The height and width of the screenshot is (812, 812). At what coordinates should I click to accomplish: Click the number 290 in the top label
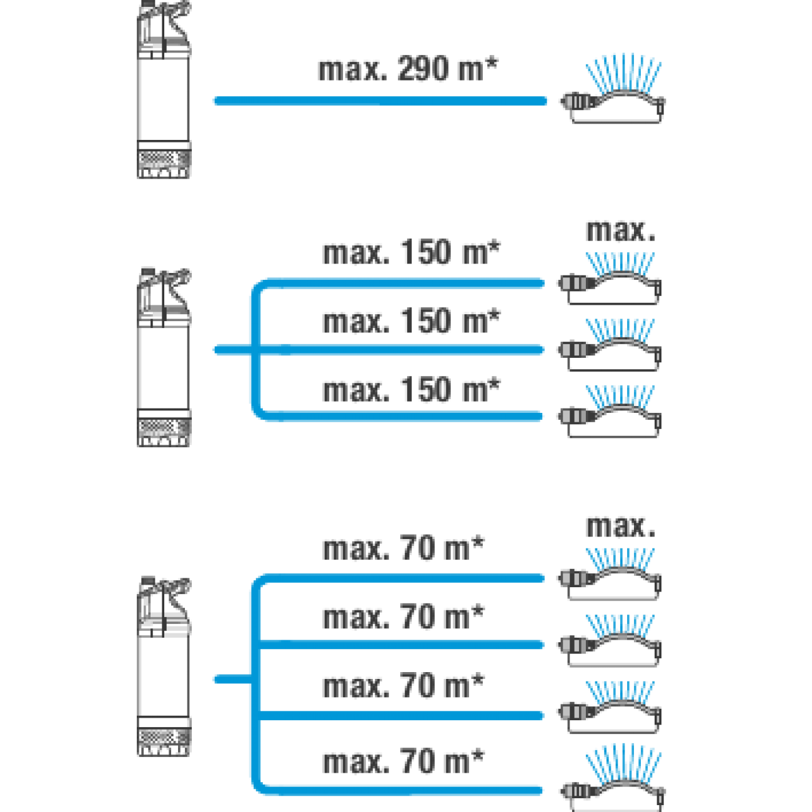pos(423,69)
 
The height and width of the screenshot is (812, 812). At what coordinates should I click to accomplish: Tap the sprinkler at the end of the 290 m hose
pos(613,89)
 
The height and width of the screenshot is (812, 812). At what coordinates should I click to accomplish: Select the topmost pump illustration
pos(164,89)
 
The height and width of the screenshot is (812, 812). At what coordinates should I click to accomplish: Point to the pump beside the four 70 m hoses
pos(164,666)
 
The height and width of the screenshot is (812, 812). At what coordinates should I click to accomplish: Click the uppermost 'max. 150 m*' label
pos(411,253)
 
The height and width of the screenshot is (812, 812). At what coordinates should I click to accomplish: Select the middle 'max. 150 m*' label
pos(411,322)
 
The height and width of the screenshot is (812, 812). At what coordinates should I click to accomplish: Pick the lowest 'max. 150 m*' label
pos(411,390)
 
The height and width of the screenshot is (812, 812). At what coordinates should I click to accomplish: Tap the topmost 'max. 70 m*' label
pos(403,548)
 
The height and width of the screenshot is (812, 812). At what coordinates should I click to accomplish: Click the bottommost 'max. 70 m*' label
pos(403,761)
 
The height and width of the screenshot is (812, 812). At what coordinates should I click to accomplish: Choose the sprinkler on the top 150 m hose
pos(610,278)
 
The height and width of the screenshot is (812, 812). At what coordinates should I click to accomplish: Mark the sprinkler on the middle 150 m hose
pos(610,345)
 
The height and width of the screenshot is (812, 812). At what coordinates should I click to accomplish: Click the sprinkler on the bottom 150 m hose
pos(610,411)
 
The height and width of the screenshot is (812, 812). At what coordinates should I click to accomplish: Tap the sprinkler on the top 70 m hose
pos(610,574)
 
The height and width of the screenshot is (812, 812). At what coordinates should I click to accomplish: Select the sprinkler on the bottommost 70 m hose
pos(613,780)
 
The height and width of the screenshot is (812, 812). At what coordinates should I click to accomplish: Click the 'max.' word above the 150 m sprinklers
pos(621,231)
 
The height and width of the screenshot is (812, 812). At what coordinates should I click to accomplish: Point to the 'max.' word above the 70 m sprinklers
pos(621,527)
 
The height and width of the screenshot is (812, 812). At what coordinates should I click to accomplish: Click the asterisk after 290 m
pos(492,64)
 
